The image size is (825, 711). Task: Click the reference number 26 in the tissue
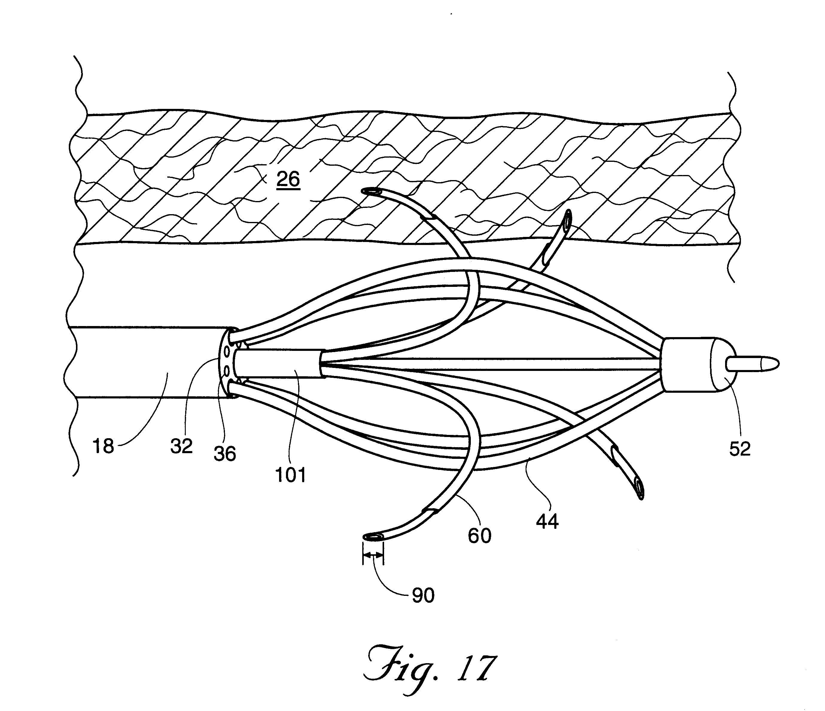tap(288, 179)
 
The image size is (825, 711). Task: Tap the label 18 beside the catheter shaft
tap(103, 446)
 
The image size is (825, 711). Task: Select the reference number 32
tap(182, 446)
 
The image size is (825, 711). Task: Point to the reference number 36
tap(225, 453)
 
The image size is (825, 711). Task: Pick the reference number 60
tap(480, 535)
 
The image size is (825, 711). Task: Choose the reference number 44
tap(547, 521)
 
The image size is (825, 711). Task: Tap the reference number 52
tap(740, 449)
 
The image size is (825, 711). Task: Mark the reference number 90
tap(423, 596)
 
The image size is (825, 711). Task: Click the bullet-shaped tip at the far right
tap(753, 363)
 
